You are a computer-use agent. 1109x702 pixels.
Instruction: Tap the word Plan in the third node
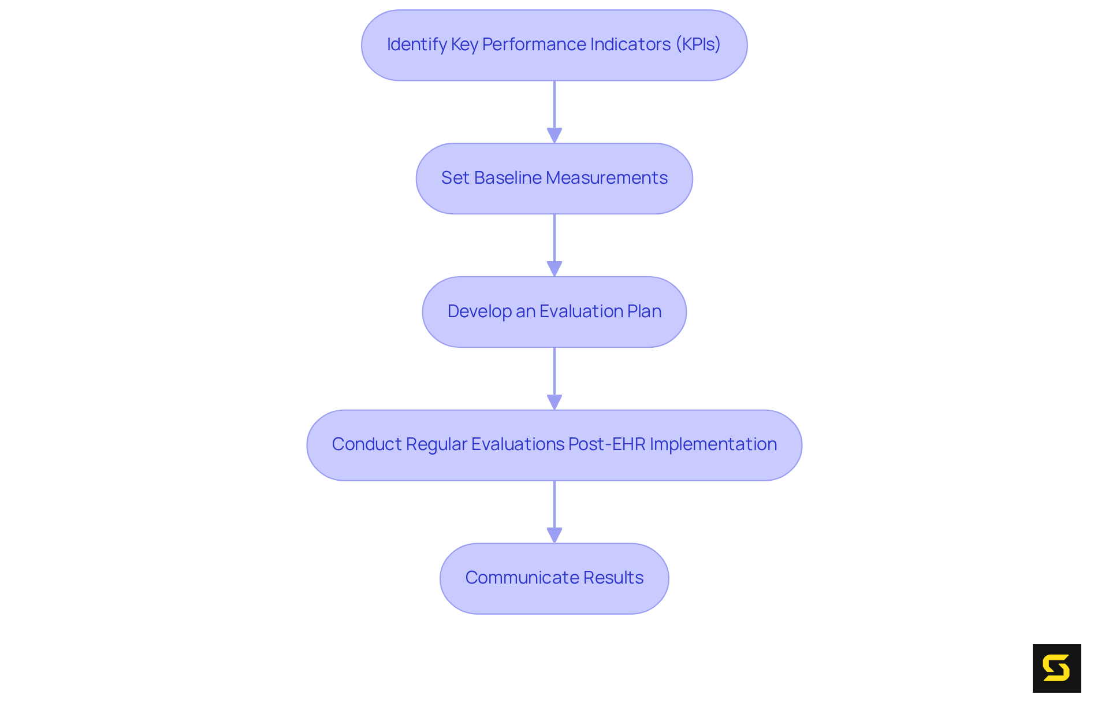(x=644, y=311)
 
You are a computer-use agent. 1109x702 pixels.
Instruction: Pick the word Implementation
(x=713, y=444)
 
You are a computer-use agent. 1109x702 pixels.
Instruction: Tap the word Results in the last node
(x=613, y=578)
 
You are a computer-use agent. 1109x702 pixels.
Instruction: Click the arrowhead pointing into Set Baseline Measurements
(x=554, y=135)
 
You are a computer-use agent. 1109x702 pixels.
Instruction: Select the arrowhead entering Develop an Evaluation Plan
(x=554, y=269)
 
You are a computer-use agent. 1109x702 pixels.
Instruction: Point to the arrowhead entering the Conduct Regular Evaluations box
(x=554, y=402)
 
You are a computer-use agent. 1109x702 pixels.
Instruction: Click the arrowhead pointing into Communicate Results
(x=554, y=535)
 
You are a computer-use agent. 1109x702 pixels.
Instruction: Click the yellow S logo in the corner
(x=1056, y=668)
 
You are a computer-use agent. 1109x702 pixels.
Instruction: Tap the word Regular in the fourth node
(x=437, y=444)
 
